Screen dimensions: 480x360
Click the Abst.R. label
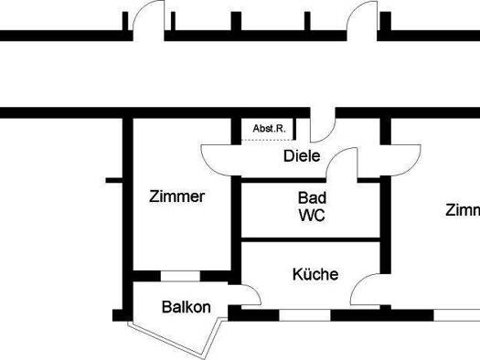(x=269, y=129)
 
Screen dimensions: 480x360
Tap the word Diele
(x=302, y=156)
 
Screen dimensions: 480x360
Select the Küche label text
(x=315, y=274)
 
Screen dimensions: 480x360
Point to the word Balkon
(x=187, y=307)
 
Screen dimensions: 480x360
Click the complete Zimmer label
(x=176, y=196)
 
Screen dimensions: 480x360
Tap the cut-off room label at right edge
(x=462, y=210)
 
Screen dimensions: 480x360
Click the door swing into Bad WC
(x=342, y=164)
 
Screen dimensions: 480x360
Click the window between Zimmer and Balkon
(x=180, y=275)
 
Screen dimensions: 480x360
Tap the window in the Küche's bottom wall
(x=304, y=315)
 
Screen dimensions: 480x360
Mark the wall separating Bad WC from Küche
(x=311, y=240)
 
